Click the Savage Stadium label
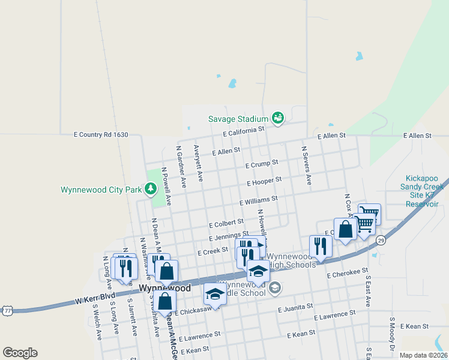[239, 119]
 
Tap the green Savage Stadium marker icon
[278, 118]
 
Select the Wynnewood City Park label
[101, 190]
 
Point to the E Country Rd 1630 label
[101, 136]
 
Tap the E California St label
[243, 130]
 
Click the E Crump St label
[262, 163]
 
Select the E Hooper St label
[264, 181]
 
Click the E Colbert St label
[226, 224]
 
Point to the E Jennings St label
[229, 235]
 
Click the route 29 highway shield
[381, 240]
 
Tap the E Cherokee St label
[347, 273]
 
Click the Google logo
[20, 353]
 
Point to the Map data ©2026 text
[424, 355]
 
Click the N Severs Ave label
[307, 165]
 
